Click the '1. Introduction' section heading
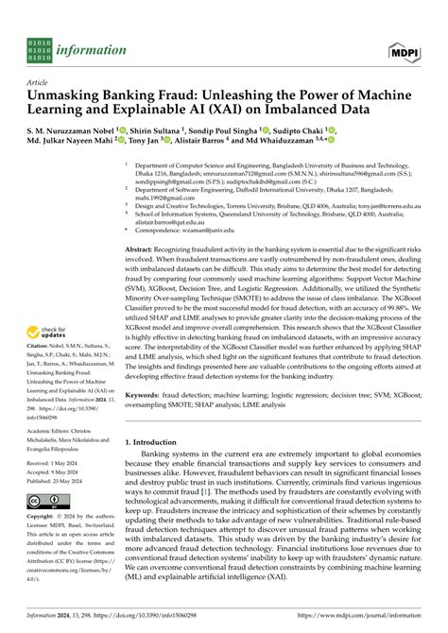[156, 442]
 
